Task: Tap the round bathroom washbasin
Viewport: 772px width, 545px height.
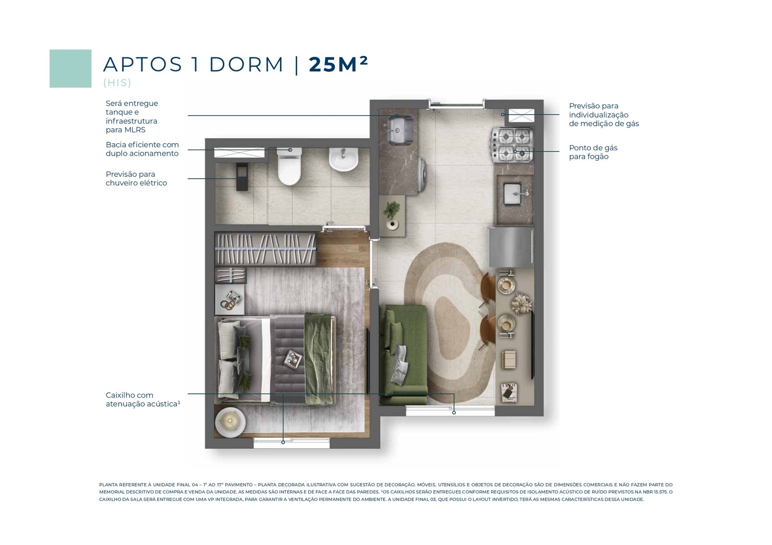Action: tap(343, 160)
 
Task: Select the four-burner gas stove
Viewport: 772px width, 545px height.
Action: tap(512, 145)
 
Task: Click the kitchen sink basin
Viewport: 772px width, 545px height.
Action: tap(513, 194)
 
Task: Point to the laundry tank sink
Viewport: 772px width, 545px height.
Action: tap(400, 130)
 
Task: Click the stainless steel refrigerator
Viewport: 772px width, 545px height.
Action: tap(511, 247)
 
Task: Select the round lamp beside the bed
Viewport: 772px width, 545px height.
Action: tap(230, 422)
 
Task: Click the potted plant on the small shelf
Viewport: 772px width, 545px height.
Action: tap(392, 214)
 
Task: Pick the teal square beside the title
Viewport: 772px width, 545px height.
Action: tap(70, 68)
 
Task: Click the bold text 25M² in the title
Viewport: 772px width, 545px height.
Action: tap(338, 65)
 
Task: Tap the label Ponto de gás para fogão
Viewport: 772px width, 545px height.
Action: tap(593, 152)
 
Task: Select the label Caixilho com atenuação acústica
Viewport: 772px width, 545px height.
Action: tap(143, 399)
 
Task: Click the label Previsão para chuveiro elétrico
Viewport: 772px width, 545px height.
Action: tap(136, 178)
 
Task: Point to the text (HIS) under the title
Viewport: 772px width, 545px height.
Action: tap(117, 82)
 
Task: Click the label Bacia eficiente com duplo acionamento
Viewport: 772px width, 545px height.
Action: tap(142, 149)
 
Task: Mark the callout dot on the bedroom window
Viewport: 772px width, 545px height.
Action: tap(283, 442)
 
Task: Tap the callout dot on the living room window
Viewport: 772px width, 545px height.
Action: tap(454, 412)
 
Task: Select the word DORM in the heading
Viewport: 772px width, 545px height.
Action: tap(246, 65)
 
